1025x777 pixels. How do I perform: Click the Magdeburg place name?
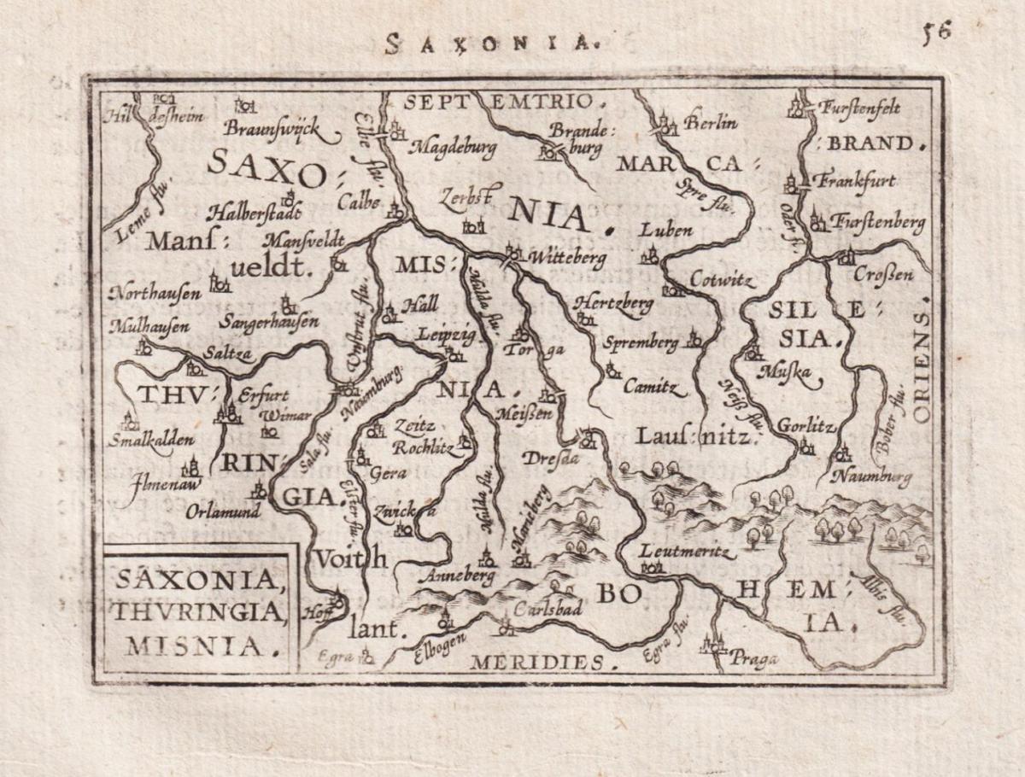[453, 148]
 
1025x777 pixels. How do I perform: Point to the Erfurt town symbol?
[228, 414]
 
